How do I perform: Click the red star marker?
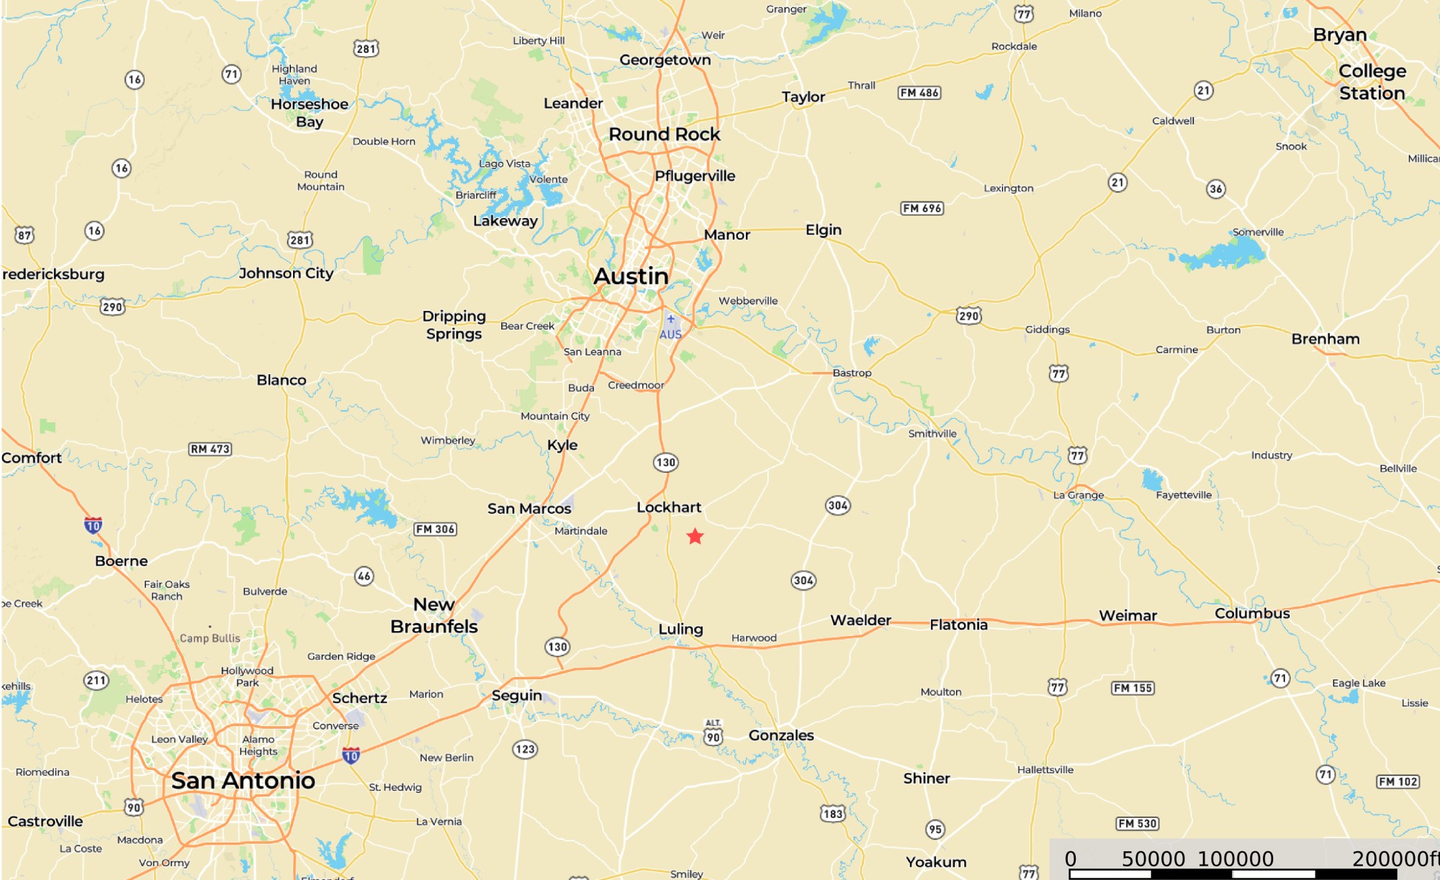click(695, 537)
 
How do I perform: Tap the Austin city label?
click(631, 276)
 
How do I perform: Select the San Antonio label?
click(243, 781)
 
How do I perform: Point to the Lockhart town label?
click(669, 507)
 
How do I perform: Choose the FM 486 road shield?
click(919, 93)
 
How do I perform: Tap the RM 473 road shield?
click(210, 449)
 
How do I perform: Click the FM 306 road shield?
click(436, 530)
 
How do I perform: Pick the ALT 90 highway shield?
click(713, 733)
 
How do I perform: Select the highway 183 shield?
click(833, 814)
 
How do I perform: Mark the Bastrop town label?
click(852, 373)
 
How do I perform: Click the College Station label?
click(1372, 82)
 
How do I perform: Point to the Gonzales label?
click(781, 735)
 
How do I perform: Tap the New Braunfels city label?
click(434, 615)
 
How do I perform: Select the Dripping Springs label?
click(454, 325)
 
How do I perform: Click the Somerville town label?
click(1258, 232)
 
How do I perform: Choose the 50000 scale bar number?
click(1153, 859)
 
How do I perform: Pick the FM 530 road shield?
click(1138, 824)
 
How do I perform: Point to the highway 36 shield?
click(1216, 189)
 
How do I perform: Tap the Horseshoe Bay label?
click(310, 113)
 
